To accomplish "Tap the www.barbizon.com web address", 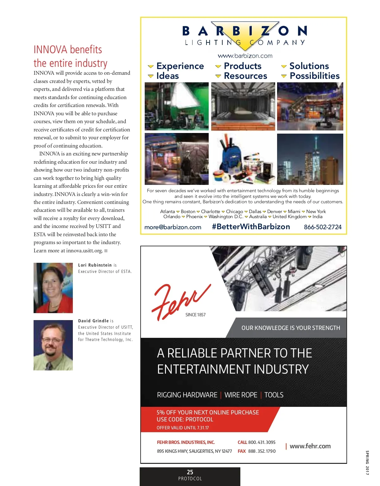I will click(x=245, y=56).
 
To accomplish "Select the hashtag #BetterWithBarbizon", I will click(x=251, y=227).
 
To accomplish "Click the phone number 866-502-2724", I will click(x=323, y=227).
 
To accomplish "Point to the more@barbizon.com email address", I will click(x=173, y=227).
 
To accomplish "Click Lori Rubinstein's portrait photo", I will click(x=53, y=288).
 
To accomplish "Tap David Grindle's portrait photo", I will click(x=53, y=345).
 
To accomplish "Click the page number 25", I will click(x=190, y=472).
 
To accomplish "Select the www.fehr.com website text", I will click(x=310, y=446).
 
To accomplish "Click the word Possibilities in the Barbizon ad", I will click(x=314, y=76).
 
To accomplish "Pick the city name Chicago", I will click(x=234, y=211).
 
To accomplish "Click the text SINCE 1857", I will click(x=195, y=315).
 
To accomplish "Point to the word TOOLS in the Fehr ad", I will click(x=274, y=395).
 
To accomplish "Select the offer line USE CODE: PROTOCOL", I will click(x=185, y=420).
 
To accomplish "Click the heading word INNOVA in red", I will click(x=50, y=50).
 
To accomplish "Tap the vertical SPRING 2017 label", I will click(x=367, y=463).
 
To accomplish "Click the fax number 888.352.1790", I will click(x=262, y=451).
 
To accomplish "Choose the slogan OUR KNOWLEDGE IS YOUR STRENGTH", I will click(x=291, y=328).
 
